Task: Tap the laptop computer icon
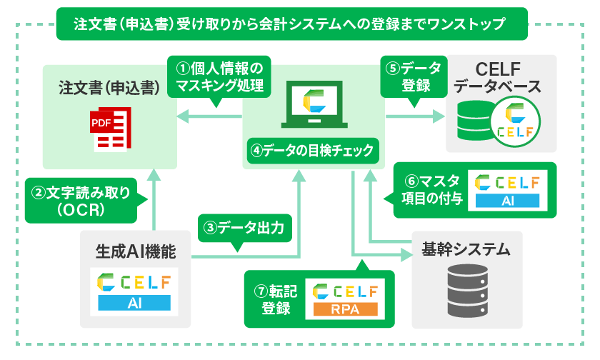(314, 104)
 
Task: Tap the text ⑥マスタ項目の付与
(430, 190)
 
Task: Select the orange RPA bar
(345, 309)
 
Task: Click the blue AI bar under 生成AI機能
(136, 303)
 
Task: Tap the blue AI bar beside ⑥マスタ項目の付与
(508, 201)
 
